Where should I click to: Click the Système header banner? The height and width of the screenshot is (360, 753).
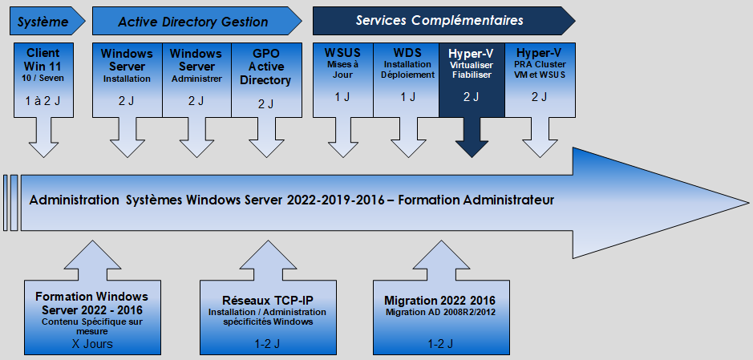pyautogui.click(x=47, y=21)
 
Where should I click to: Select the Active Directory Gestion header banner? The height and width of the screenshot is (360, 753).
pyautogui.click(x=196, y=21)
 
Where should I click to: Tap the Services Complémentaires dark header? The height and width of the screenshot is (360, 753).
pyautogui.click(x=443, y=21)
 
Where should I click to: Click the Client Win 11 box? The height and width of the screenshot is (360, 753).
pyautogui.click(x=43, y=79)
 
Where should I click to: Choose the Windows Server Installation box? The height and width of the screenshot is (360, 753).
pyautogui.click(x=128, y=79)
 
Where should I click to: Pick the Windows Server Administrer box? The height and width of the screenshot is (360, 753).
pyautogui.click(x=197, y=79)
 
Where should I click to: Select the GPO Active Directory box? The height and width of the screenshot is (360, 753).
pyautogui.click(x=266, y=79)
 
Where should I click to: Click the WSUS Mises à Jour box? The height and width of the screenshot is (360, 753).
pyautogui.click(x=343, y=79)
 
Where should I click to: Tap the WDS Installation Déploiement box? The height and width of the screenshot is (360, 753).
pyautogui.click(x=407, y=79)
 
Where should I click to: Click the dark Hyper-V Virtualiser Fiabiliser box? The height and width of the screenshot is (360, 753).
pyautogui.click(x=472, y=79)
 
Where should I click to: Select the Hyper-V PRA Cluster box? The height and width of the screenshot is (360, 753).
pyautogui.click(x=540, y=79)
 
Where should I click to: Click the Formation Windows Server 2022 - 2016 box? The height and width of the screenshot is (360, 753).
pyautogui.click(x=92, y=318)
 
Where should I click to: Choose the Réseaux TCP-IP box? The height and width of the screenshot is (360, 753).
pyautogui.click(x=268, y=318)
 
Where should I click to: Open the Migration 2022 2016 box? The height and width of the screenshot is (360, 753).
pyautogui.click(x=441, y=318)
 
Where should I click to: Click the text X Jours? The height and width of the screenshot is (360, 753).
pyautogui.click(x=92, y=344)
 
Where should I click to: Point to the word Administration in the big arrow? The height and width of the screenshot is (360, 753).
pyautogui.click(x=74, y=200)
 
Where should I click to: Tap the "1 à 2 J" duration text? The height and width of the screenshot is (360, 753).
pyautogui.click(x=43, y=101)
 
